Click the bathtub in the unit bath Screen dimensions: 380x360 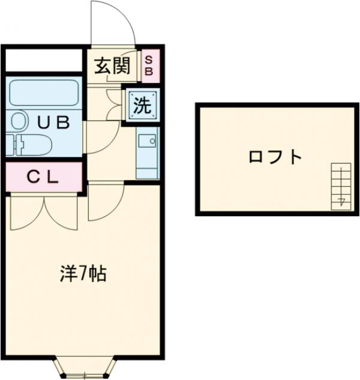[43, 94]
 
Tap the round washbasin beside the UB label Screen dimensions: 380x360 [19, 122]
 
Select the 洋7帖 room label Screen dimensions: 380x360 [83, 274]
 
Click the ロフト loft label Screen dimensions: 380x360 [275, 158]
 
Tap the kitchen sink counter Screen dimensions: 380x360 [147, 152]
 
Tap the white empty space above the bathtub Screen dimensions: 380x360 [44, 61]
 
